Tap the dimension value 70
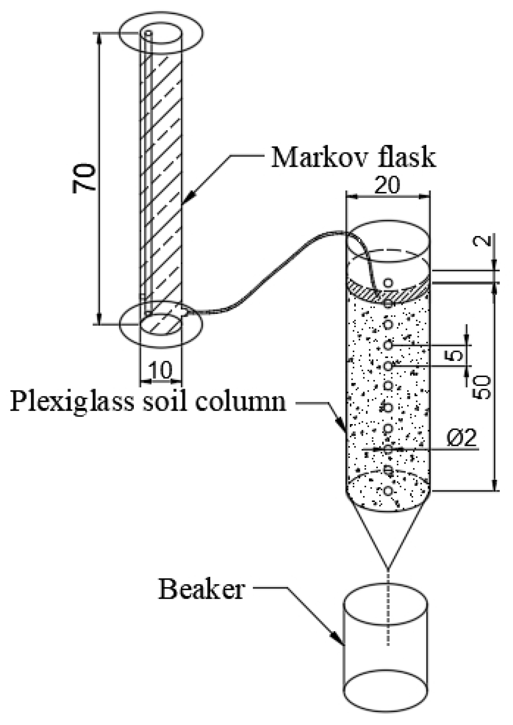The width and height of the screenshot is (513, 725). [84, 178]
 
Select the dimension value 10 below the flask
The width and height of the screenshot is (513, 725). [160, 370]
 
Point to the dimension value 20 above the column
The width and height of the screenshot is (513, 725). [387, 186]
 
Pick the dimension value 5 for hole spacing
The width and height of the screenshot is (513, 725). [455, 356]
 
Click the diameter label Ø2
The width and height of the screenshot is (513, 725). [461, 439]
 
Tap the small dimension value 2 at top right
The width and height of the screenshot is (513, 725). [486, 240]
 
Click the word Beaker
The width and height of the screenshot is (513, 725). [201, 589]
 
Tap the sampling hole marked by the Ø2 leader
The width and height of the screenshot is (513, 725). [388, 449]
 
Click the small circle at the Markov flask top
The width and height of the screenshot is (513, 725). [149, 33]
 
